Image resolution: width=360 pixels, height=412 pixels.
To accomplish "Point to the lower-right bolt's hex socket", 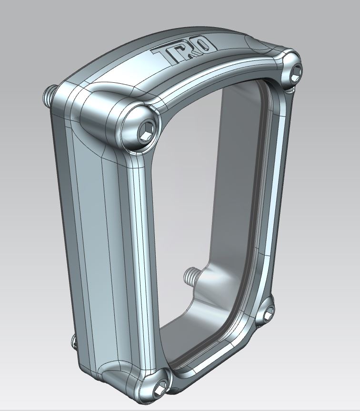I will pyautogui.click(x=269, y=312).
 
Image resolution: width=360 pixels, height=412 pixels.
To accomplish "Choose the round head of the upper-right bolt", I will pyautogui.click(x=291, y=71).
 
